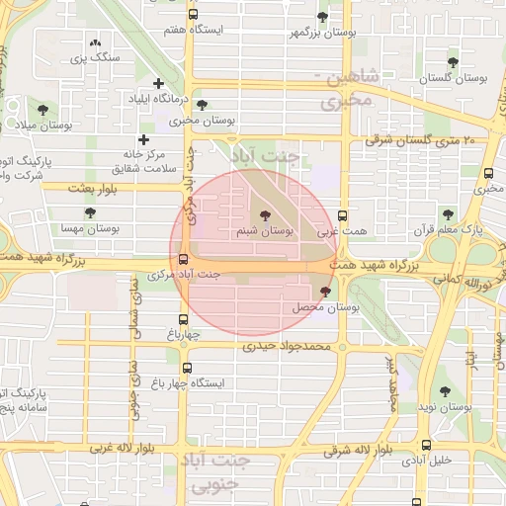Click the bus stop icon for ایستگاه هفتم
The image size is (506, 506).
[192, 15]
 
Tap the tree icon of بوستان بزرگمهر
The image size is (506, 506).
[322, 17]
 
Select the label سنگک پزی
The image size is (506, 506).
[100, 58]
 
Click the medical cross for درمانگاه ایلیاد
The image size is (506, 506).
[158, 83]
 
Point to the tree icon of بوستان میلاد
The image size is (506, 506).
[42, 109]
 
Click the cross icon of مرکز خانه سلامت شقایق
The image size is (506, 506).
[144, 140]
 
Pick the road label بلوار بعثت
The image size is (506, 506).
[94, 187]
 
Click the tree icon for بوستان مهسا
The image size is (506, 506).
[90, 212]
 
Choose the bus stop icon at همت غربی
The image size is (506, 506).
[342, 215]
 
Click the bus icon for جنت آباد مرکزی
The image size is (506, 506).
[183, 260]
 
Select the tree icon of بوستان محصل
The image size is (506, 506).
[327, 291]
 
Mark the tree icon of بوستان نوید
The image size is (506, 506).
[444, 391]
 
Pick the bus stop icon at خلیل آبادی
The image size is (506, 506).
[426, 444]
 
